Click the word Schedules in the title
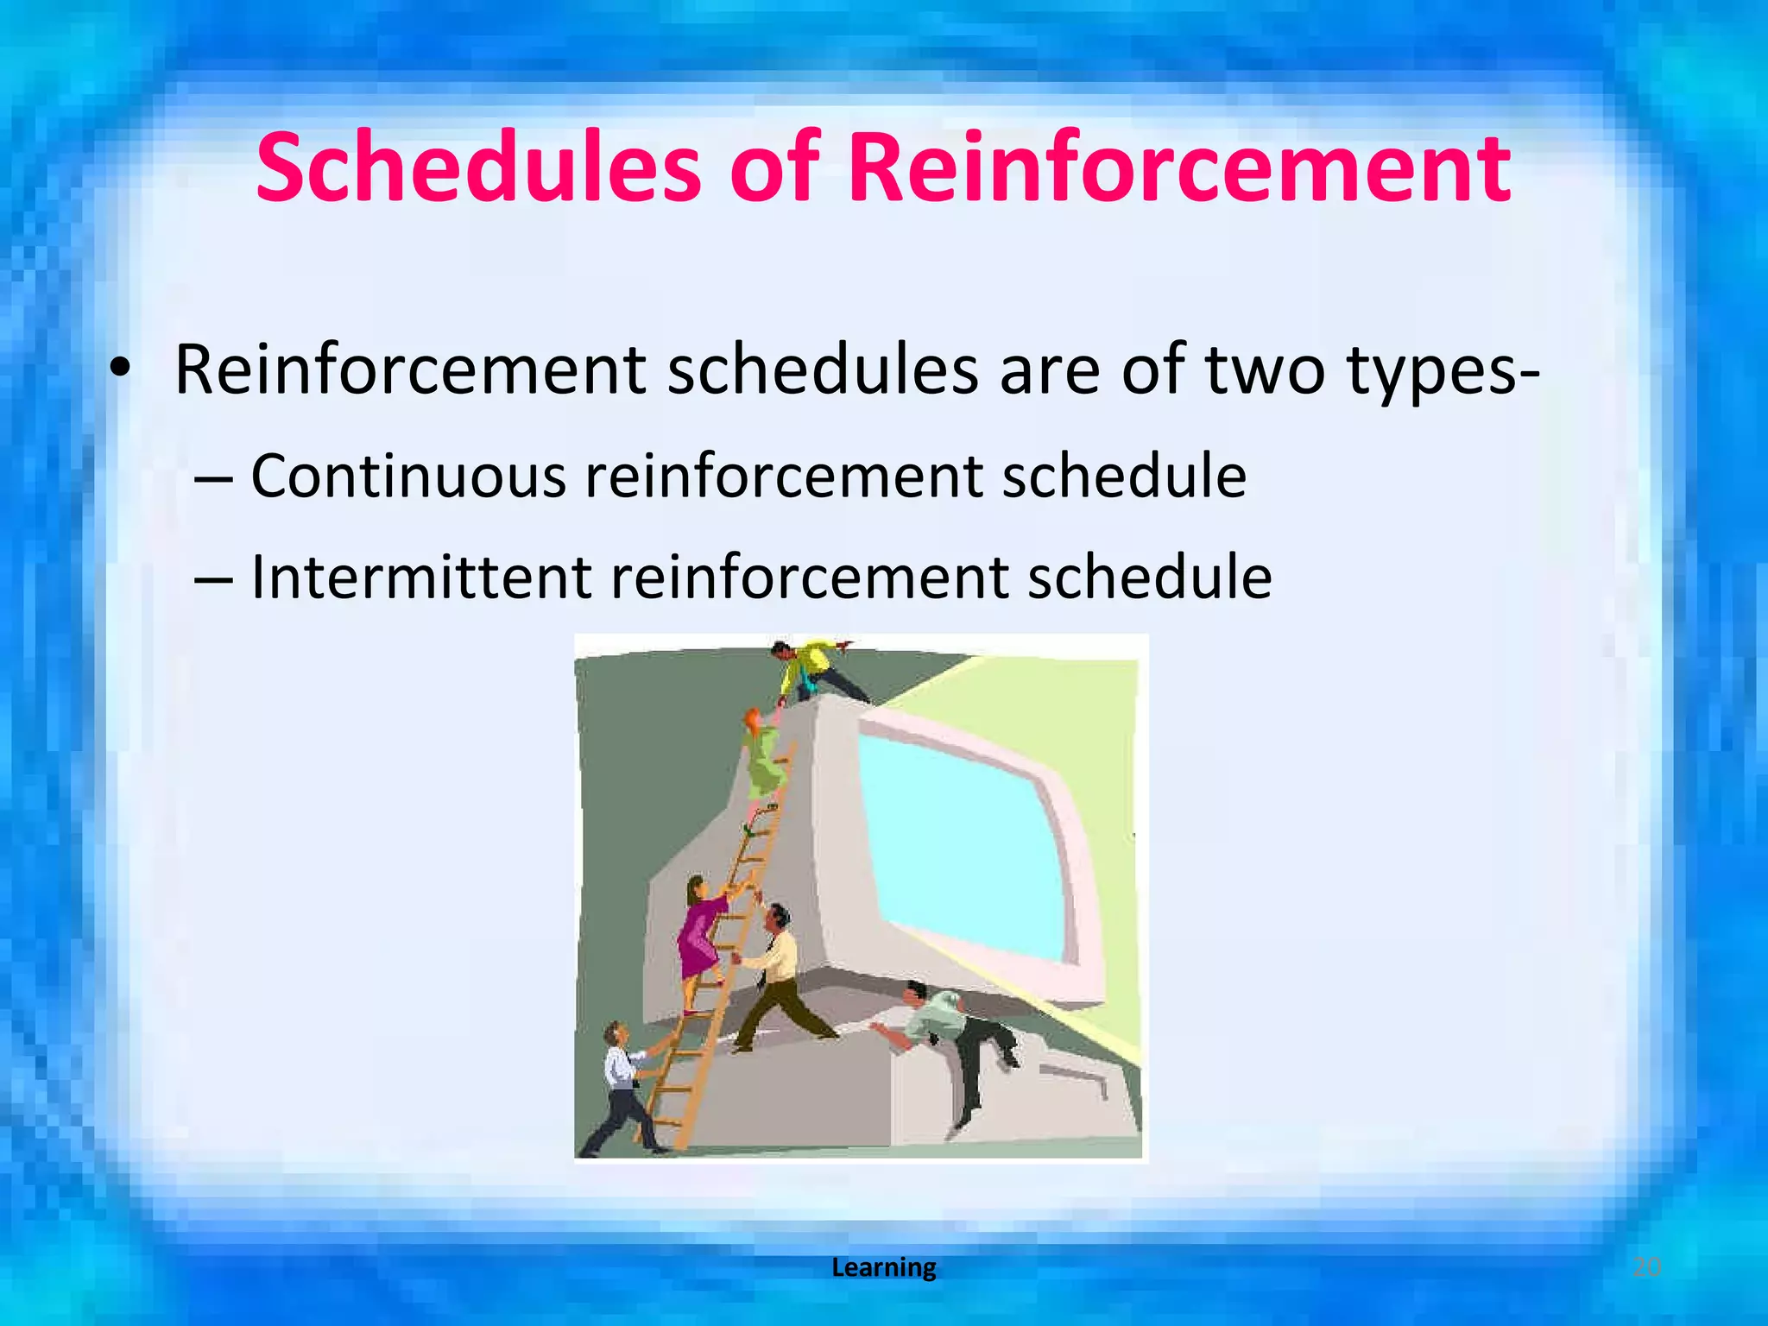(x=478, y=167)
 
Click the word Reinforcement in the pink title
(x=1178, y=167)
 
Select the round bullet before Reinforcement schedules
(x=120, y=370)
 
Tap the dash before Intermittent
(x=213, y=579)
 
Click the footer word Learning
(x=883, y=1267)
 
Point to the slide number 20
(x=1646, y=1267)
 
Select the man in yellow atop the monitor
(x=811, y=669)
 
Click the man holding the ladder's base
(x=622, y=1088)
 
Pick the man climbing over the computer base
(x=950, y=1036)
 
